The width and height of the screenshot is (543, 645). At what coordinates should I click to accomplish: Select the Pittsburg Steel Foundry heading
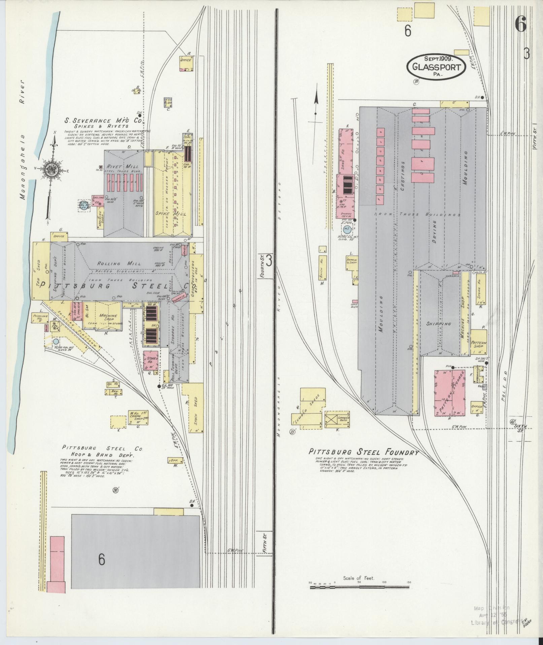[x=364, y=452]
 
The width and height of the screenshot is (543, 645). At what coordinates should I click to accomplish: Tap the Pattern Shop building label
[x=478, y=344]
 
